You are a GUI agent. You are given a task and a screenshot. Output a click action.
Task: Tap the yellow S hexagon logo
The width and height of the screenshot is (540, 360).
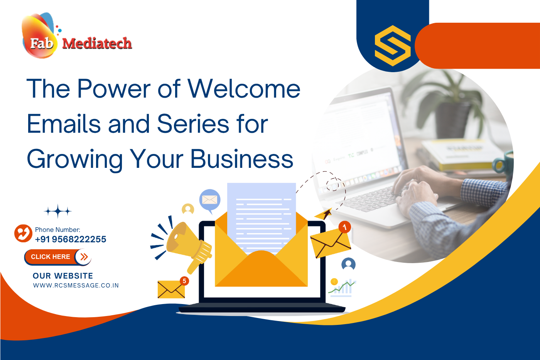(393, 46)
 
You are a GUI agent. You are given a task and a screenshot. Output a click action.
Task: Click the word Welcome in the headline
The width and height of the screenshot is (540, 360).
(244, 89)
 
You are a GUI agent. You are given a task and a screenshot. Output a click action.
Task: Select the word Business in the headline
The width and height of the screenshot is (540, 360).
(242, 159)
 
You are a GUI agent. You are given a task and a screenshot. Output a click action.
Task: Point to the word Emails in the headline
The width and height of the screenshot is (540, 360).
(64, 124)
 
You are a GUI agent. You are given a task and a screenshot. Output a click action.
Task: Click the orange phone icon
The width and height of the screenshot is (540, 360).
(23, 233)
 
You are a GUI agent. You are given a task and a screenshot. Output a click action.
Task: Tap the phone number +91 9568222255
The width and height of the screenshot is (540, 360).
(71, 239)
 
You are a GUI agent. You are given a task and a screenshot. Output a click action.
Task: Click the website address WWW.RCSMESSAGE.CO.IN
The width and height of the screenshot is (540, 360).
(76, 286)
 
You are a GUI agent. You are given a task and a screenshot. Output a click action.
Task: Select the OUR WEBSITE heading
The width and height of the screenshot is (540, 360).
(63, 276)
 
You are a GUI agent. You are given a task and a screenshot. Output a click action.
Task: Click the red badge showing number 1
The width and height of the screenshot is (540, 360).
(344, 227)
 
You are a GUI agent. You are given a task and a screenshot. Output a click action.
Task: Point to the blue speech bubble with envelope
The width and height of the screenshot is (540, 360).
(210, 200)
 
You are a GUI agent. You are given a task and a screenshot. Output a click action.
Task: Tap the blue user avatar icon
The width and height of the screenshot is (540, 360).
(348, 264)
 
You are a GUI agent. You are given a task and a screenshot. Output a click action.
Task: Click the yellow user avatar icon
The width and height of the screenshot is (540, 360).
(188, 209)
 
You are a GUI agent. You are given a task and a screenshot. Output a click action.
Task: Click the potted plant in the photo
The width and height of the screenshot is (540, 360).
(444, 100)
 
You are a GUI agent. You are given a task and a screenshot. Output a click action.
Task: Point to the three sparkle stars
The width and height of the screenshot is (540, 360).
(58, 211)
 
